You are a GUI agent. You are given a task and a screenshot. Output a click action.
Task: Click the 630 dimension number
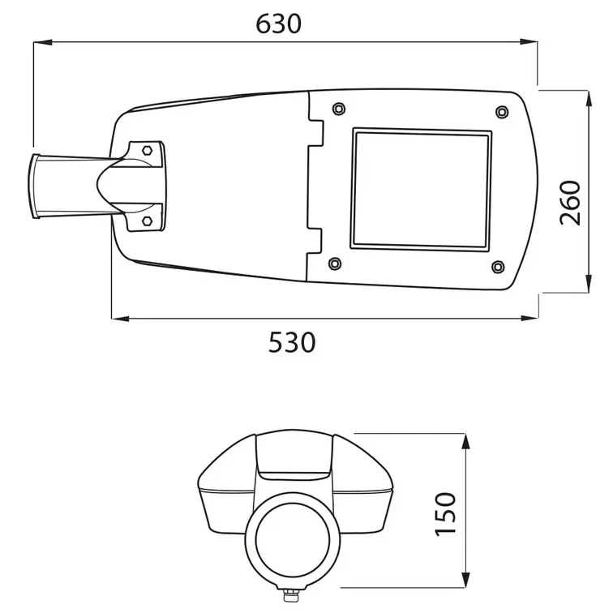(278, 24)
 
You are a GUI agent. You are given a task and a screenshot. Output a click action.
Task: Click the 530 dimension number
(291, 342)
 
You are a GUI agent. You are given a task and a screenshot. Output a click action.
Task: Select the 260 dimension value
(571, 203)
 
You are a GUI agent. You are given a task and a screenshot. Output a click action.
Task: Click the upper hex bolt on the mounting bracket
(147, 150)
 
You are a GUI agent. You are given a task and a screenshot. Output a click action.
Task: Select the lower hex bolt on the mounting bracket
(147, 219)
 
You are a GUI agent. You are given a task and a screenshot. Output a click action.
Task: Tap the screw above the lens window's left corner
(338, 108)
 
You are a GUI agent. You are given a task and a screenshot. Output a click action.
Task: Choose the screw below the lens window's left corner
(334, 263)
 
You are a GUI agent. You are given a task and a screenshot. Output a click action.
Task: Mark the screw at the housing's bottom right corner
(499, 265)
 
